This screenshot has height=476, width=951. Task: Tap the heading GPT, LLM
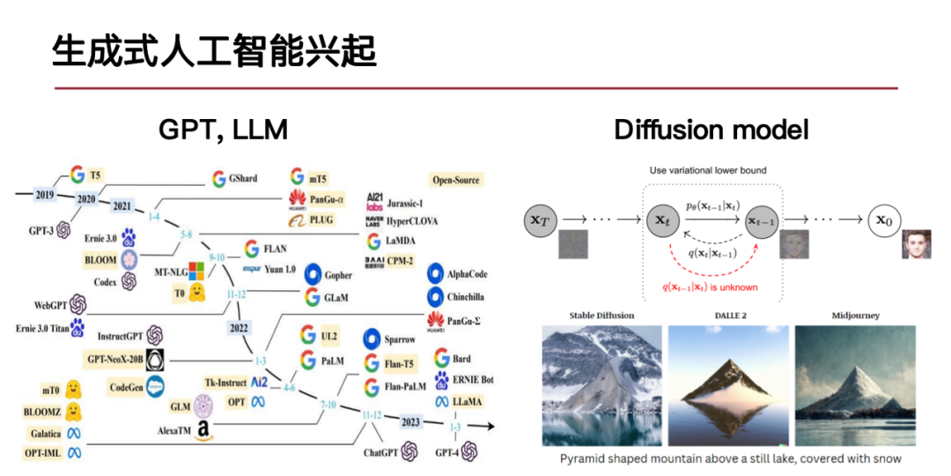coord(223,130)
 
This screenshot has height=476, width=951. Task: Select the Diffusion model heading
coord(711,130)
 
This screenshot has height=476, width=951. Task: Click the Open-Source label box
coord(455,180)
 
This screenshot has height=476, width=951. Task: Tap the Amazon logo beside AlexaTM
coord(204,430)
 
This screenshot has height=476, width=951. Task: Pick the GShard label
coord(242,179)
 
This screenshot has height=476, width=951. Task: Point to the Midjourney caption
coord(855,315)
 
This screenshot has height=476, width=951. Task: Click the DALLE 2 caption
coord(726,315)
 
